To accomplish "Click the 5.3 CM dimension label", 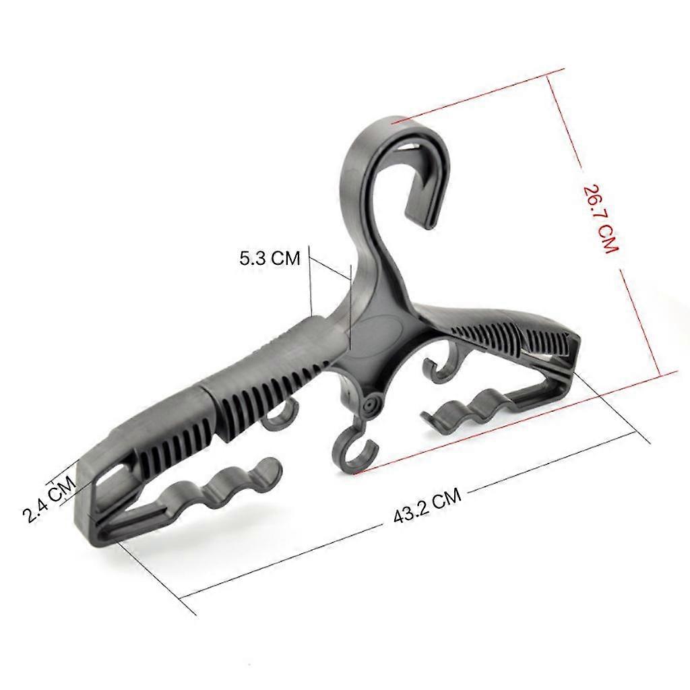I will (x=270, y=257).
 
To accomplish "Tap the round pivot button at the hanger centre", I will (x=369, y=403).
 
